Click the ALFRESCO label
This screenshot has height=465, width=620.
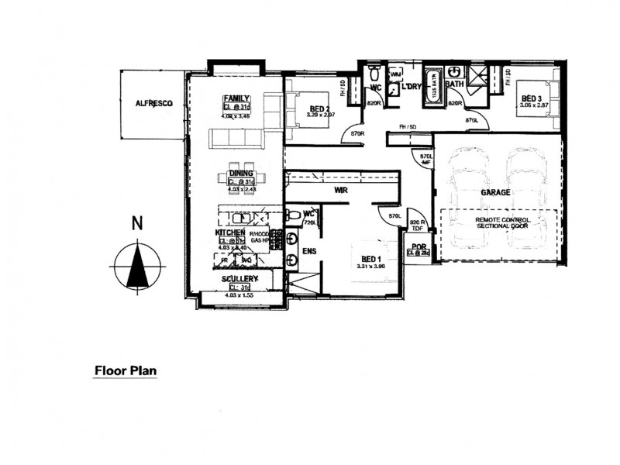pos(153,103)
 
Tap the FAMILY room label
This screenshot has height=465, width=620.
pos(236,98)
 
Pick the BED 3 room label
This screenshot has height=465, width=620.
pos(531,98)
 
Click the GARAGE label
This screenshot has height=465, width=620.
pos(494,191)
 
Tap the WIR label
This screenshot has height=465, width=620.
pos(340,189)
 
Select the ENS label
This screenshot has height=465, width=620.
pos(308,251)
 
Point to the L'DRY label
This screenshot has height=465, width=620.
pos(411,88)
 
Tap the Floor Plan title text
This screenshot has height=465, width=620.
pos(126,370)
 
